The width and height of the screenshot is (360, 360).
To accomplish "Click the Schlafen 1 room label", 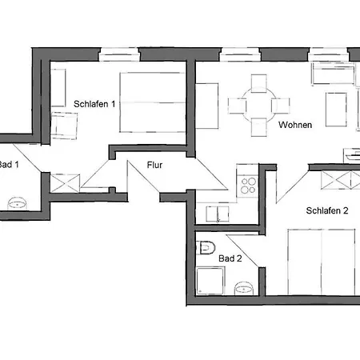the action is (94, 104).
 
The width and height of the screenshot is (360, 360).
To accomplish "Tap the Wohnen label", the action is (295, 125).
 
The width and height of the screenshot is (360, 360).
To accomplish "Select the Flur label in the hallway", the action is (154, 165).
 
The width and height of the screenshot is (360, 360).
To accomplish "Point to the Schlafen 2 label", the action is (327, 210).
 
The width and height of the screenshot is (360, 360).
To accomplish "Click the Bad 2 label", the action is (230, 258).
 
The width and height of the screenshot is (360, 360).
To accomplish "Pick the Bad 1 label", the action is (9, 165).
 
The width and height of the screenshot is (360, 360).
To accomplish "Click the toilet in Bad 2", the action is (206, 247).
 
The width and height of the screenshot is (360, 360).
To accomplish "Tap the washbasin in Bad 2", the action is (244, 288).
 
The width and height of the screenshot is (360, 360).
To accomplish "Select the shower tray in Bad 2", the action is (210, 281).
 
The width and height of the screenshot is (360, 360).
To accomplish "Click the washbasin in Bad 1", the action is (18, 204).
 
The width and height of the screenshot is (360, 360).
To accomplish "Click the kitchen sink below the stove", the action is (218, 214).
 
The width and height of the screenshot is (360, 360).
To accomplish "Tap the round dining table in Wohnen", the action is (259, 106).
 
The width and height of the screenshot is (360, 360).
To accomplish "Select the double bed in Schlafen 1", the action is (153, 102).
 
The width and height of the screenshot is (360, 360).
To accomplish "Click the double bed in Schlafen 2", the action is (322, 262).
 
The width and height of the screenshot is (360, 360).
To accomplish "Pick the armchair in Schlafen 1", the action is (64, 126).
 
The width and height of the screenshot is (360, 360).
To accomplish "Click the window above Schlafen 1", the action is (120, 54).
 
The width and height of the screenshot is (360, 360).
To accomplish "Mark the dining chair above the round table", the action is (259, 84).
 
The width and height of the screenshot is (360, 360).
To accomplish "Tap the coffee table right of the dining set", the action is (336, 110).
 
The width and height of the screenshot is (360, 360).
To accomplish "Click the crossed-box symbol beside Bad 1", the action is (65, 183).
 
